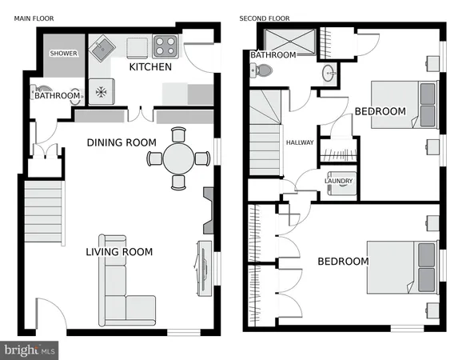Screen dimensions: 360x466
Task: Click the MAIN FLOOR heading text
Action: tap(34, 18)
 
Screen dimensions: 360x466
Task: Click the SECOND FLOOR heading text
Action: tap(264, 18)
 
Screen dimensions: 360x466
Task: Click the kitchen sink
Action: tap(102, 51)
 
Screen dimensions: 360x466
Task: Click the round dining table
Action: tap(178, 158)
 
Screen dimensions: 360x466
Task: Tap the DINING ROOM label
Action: tap(121, 142)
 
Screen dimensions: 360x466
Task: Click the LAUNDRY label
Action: tap(337, 181)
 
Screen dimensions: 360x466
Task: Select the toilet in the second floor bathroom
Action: tap(260, 72)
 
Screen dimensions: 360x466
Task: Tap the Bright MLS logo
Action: tap(30, 349)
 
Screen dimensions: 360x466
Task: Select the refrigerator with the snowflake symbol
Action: tap(102, 90)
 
